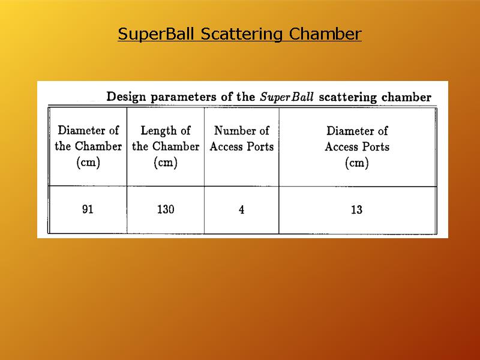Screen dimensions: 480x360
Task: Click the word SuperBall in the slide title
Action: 156,34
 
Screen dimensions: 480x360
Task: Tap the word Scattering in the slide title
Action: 242,34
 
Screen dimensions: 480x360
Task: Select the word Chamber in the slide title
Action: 325,34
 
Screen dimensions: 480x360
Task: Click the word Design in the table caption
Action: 126,97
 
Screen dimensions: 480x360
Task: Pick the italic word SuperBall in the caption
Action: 287,97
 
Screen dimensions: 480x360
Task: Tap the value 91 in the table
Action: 88,209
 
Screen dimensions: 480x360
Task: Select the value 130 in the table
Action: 166,209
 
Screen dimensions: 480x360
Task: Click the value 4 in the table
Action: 242,209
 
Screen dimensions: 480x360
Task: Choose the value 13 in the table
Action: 356,209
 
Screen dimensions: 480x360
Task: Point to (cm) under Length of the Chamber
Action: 166,162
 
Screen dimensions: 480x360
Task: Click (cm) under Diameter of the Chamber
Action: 88,162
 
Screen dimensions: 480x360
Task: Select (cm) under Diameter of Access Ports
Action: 356,163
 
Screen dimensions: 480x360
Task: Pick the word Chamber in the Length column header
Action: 176,146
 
